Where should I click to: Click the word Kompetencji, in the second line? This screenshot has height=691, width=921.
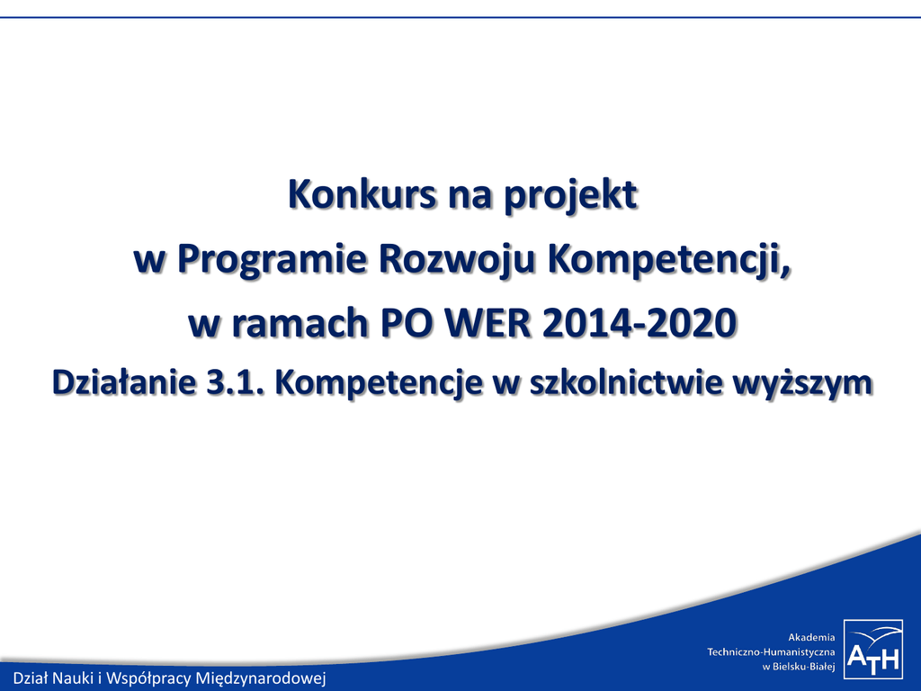(669, 261)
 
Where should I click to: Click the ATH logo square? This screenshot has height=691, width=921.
(873, 649)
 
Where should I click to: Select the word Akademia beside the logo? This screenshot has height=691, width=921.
(811, 638)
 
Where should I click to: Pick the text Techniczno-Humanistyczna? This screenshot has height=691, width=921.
(771, 652)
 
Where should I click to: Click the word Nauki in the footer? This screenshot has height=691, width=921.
(74, 678)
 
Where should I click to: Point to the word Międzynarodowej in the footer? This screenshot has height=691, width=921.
(261, 678)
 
